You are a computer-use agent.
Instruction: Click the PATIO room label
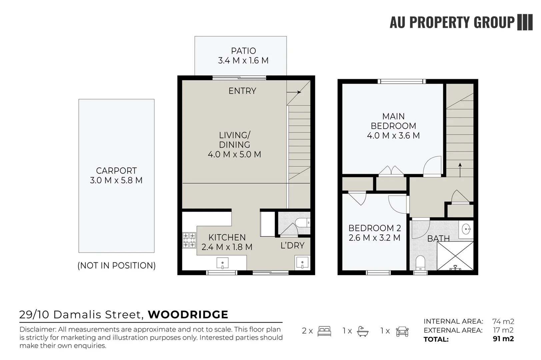(x=243, y=51)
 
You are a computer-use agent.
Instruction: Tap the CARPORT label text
(x=116, y=171)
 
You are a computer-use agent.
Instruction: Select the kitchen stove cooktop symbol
(x=189, y=240)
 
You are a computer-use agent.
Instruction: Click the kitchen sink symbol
(x=222, y=263)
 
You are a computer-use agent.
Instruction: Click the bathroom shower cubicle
(x=455, y=256)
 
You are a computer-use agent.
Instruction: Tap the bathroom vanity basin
(x=466, y=229)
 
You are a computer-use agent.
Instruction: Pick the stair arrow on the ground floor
(x=294, y=92)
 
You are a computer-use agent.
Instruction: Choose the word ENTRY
(x=242, y=91)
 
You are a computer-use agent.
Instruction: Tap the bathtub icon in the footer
(x=363, y=331)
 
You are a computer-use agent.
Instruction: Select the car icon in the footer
(x=402, y=331)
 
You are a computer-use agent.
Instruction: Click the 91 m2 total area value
(x=503, y=339)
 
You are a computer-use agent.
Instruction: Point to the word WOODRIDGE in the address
(x=188, y=315)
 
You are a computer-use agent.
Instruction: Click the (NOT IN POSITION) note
(x=116, y=266)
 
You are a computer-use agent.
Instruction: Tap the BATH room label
(x=438, y=239)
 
